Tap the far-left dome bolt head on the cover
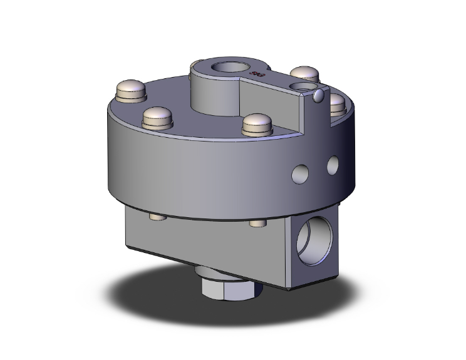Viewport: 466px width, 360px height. pyautogui.click(x=131, y=91)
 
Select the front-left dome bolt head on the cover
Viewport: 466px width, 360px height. pyautogui.click(x=157, y=116)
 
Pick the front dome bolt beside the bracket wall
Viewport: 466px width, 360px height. pyautogui.click(x=257, y=123)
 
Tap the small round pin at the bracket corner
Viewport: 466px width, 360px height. pyautogui.click(x=319, y=95)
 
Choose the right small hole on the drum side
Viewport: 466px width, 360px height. pyautogui.click(x=332, y=165)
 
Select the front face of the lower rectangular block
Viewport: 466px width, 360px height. pyautogui.click(x=207, y=250)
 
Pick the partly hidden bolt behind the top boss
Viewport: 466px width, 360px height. pyautogui.click(x=196, y=63)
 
